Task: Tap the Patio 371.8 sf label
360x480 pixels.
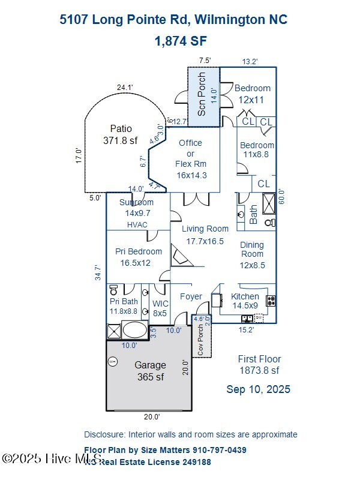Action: click(x=121, y=134)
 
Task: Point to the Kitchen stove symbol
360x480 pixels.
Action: click(x=271, y=300)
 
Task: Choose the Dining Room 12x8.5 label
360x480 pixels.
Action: click(x=252, y=255)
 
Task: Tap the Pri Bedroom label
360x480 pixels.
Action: click(x=138, y=257)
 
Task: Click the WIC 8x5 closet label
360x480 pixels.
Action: click(x=160, y=308)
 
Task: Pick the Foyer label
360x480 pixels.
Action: click(x=191, y=296)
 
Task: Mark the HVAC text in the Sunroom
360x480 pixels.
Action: click(x=137, y=224)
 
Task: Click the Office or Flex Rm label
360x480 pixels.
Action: click(x=191, y=158)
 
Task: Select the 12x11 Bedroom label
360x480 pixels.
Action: click(x=252, y=94)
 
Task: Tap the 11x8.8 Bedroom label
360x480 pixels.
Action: click(x=257, y=149)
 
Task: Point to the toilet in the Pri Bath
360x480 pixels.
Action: click(x=113, y=289)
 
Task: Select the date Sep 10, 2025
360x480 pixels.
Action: click(x=258, y=389)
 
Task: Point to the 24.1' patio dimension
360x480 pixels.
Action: click(x=124, y=88)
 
